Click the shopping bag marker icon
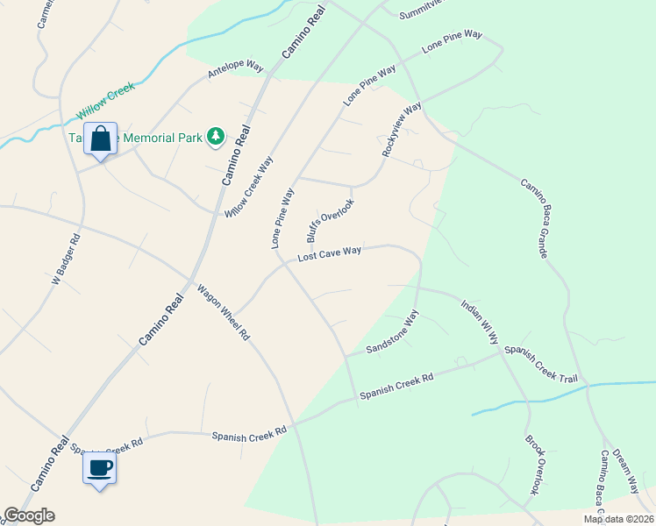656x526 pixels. pyautogui.click(x=100, y=139)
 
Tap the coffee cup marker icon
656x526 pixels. pyautogui.click(x=99, y=467)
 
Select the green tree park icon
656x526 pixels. pyautogui.click(x=215, y=136)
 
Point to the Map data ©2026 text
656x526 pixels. pyautogui.click(x=618, y=519)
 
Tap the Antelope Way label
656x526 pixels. pyautogui.click(x=236, y=69)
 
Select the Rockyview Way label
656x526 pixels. pyautogui.click(x=402, y=130)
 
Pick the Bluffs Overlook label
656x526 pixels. pyautogui.click(x=330, y=220)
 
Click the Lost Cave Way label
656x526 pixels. pyautogui.click(x=330, y=254)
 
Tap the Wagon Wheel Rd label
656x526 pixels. pyautogui.click(x=223, y=312)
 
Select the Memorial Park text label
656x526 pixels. pyautogui.click(x=158, y=137)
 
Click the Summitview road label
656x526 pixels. pyautogui.click(x=417, y=13)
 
